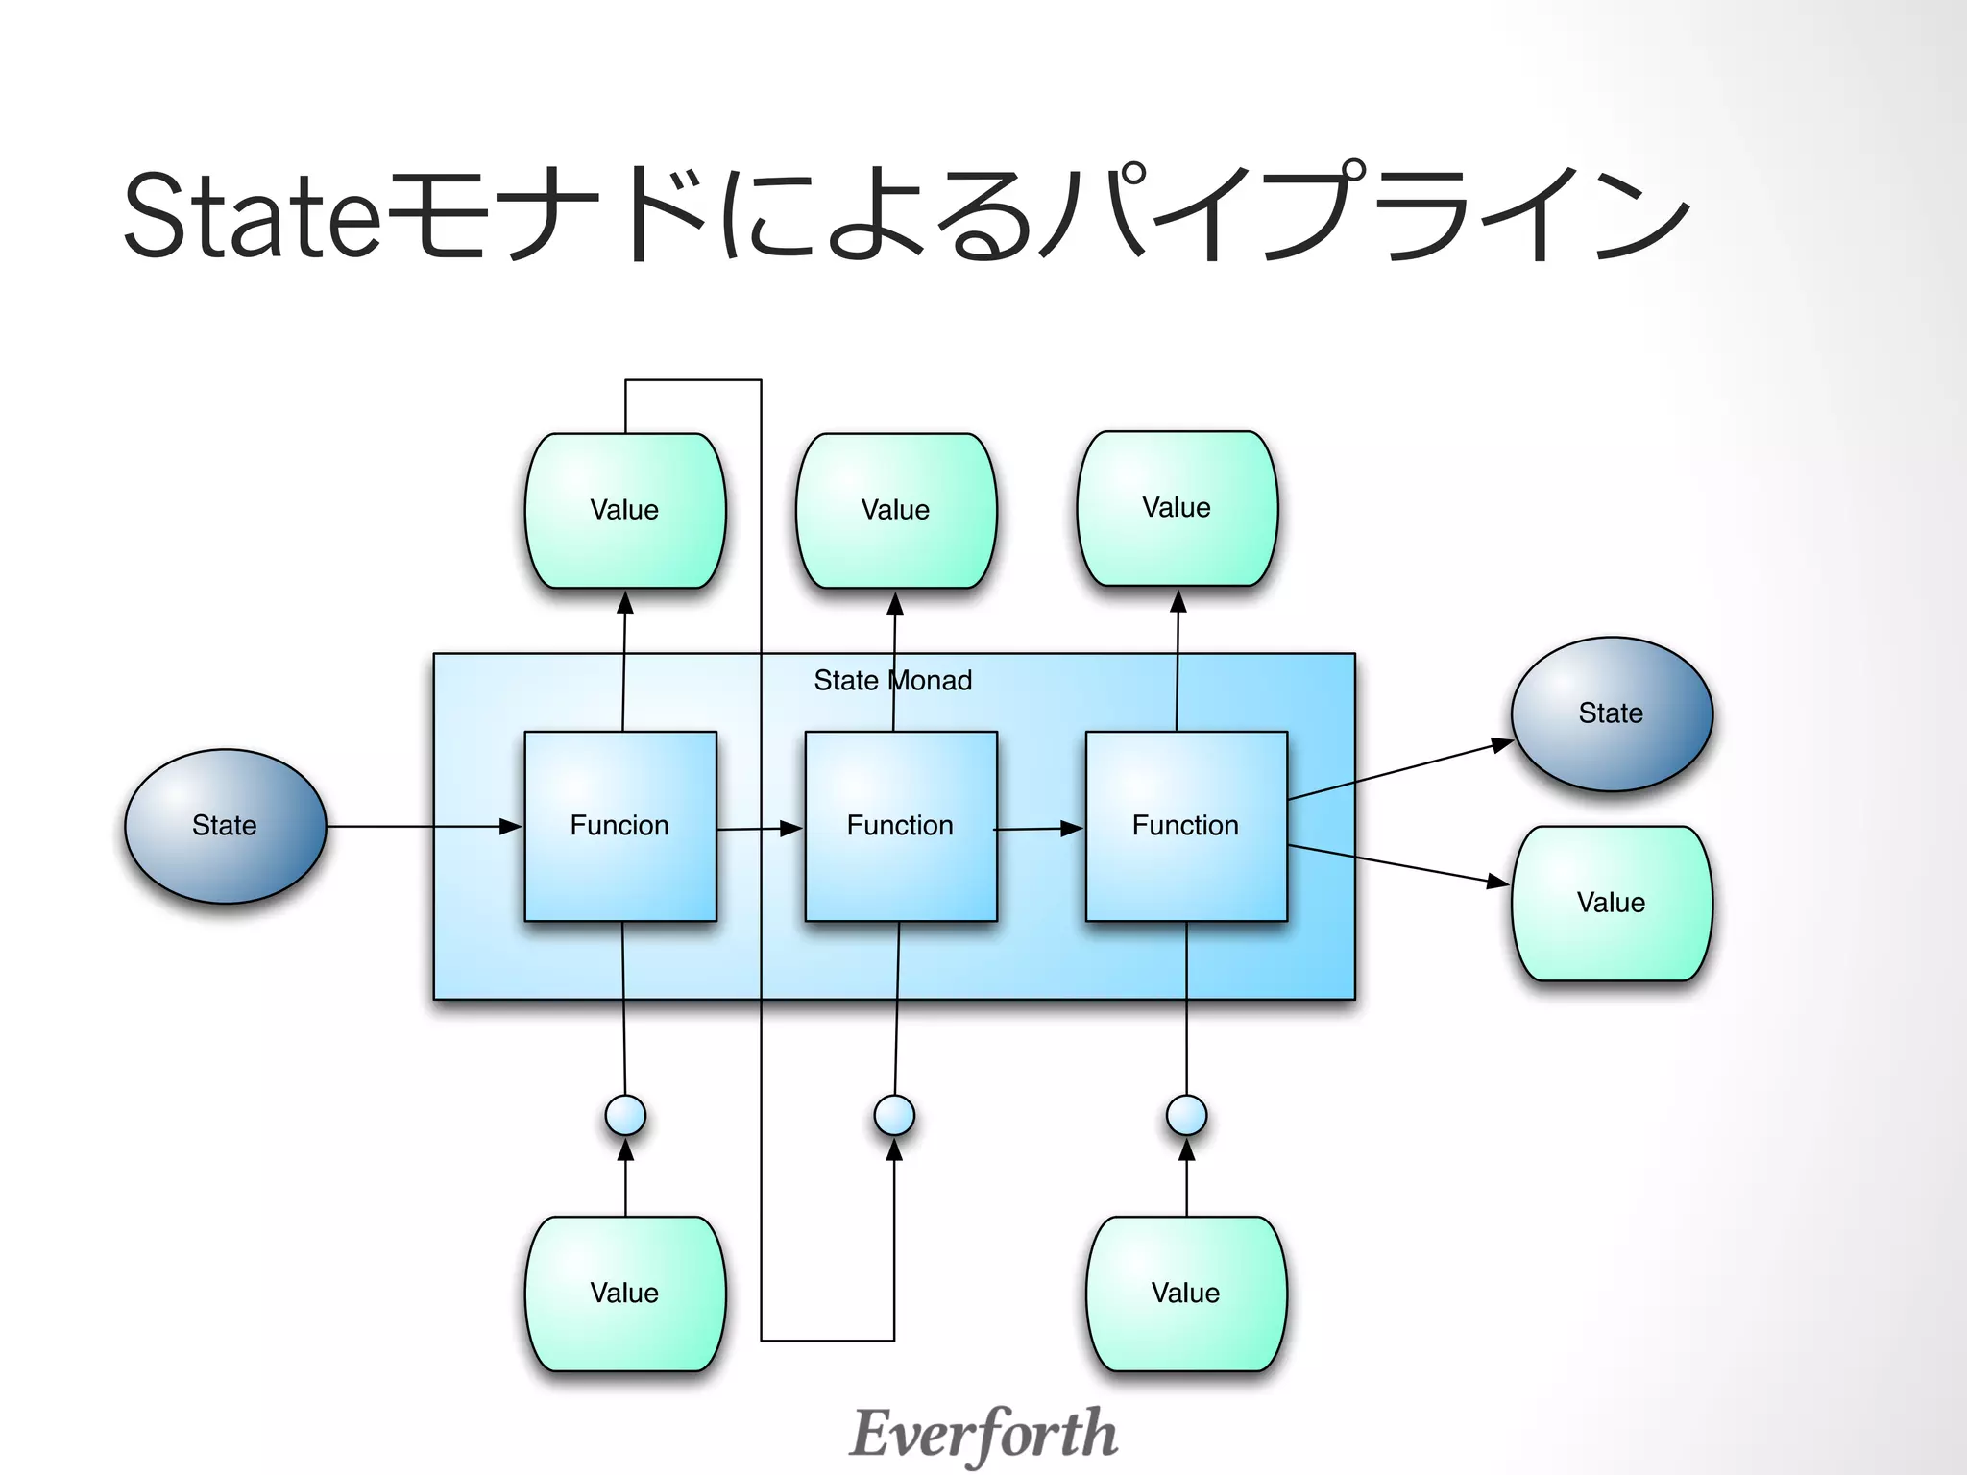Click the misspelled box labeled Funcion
click(620, 826)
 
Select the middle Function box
click(900, 826)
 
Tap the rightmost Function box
click(1186, 826)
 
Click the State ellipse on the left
click(225, 826)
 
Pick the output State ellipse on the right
click(1611, 713)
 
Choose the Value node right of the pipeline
click(1611, 903)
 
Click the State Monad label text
click(892, 681)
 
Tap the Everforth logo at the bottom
click(983, 1434)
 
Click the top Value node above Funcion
click(624, 510)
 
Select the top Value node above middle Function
click(895, 510)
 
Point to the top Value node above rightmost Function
click(1177, 508)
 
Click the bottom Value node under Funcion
click(624, 1293)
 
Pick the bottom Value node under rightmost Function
click(1186, 1293)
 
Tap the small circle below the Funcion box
click(625, 1116)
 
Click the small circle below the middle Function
click(894, 1116)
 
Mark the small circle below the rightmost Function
click(1186, 1116)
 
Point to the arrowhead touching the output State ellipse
click(1502, 744)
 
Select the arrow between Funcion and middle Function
click(759, 828)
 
